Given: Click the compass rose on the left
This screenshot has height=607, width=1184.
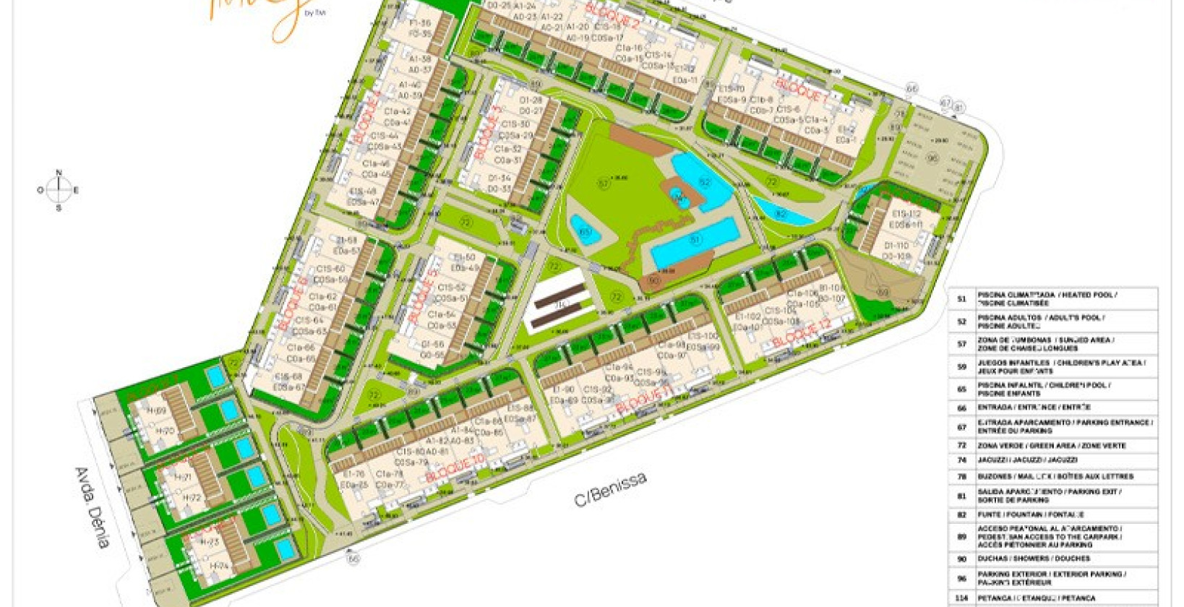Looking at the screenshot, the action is (59, 190).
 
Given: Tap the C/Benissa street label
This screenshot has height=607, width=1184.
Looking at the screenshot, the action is (610, 489).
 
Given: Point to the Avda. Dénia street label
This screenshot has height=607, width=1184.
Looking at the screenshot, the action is (93, 507).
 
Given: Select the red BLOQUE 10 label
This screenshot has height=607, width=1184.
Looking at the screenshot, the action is (455, 468).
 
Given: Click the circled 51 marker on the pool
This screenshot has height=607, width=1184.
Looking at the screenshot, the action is (695, 240).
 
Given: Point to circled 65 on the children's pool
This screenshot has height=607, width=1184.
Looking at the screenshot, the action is (585, 232).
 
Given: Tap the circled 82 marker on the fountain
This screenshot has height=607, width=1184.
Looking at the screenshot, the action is (780, 213).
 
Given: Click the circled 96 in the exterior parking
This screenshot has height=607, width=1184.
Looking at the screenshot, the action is (932, 158).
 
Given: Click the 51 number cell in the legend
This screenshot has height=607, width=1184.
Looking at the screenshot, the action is (961, 299).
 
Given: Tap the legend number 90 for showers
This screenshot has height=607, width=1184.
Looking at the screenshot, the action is (961, 559).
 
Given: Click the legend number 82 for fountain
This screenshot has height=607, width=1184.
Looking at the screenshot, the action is (961, 515).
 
